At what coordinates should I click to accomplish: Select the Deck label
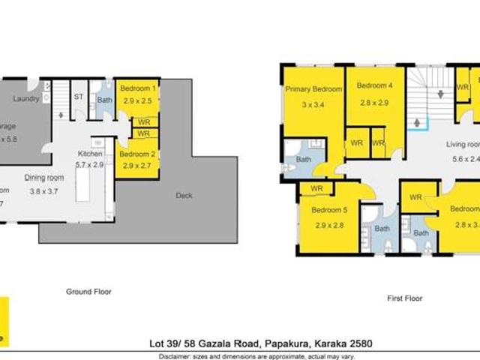coord(184,196)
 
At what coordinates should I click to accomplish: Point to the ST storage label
coord(78,97)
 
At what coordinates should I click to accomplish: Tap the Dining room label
coord(44,178)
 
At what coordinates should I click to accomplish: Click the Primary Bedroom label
coord(313,89)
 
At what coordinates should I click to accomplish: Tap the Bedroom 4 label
coord(375,85)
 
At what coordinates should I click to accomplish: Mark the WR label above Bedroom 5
coord(316,188)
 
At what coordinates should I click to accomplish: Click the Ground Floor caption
coord(88,292)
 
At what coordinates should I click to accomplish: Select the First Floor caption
coord(404,298)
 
